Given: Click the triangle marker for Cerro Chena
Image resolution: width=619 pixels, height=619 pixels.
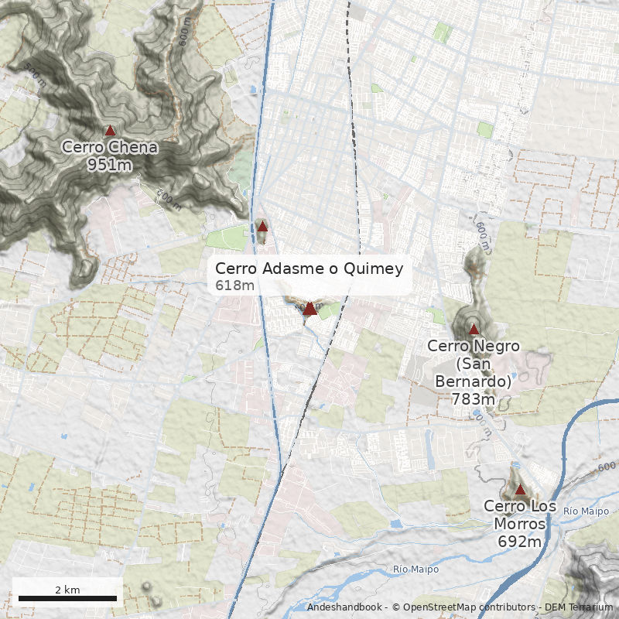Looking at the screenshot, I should [x=110, y=131].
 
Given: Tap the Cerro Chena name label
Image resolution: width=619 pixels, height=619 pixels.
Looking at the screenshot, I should [x=110, y=147].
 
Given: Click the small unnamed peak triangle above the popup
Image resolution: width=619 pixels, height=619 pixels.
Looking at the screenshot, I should [x=262, y=227].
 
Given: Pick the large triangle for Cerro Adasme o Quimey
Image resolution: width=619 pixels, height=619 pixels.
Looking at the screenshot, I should [x=309, y=309].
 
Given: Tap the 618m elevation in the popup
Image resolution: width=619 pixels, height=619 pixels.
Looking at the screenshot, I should [x=234, y=286].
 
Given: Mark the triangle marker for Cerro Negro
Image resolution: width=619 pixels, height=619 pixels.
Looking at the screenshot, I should [x=474, y=329].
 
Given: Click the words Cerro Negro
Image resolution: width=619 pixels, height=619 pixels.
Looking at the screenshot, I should [x=474, y=346].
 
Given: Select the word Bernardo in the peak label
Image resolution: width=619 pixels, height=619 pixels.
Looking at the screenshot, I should [x=474, y=381].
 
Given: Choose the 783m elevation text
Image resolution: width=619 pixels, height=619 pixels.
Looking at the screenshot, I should [x=474, y=399].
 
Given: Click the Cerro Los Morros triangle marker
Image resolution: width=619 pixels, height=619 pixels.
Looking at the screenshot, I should [x=520, y=489].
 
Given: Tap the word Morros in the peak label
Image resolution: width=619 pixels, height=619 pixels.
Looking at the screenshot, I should [x=520, y=524].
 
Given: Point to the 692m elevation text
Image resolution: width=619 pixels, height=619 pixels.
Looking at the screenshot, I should [x=520, y=542].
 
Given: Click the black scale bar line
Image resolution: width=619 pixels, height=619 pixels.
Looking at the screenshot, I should [x=67, y=598].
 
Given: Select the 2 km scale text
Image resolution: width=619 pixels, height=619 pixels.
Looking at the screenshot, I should [x=67, y=590].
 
